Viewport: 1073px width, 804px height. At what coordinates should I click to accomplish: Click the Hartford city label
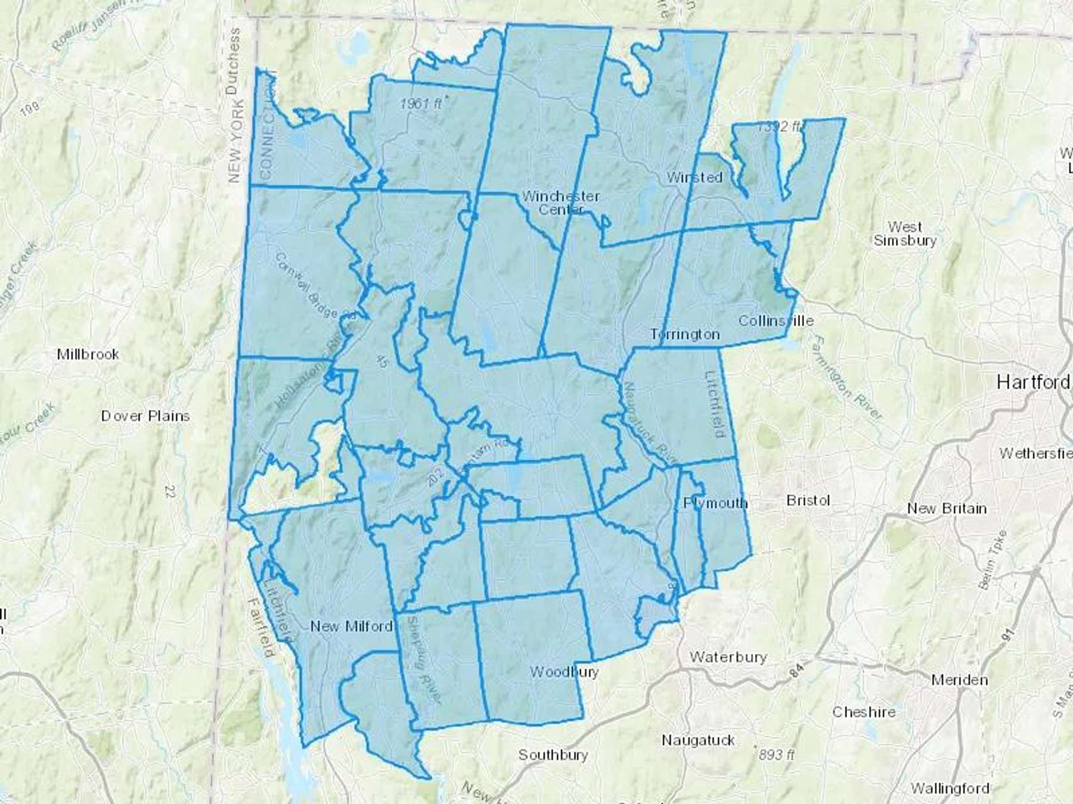point(1033,382)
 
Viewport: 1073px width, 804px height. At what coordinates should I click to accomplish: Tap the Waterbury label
point(728,657)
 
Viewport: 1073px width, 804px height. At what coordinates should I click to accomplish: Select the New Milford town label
point(351,626)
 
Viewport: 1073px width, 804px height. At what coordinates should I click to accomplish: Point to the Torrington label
point(685,334)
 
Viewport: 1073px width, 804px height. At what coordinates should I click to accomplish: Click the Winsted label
point(694,177)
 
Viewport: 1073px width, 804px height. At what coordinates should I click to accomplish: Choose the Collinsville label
point(776,320)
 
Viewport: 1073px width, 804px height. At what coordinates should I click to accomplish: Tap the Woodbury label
point(564,672)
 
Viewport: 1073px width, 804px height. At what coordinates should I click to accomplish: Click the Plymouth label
point(715,503)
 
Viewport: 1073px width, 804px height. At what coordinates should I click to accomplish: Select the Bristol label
point(808,500)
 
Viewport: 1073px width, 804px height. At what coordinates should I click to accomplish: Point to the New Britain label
point(947,509)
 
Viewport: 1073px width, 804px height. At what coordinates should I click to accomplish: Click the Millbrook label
point(88,354)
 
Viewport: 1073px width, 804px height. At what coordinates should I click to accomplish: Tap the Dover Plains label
point(145,416)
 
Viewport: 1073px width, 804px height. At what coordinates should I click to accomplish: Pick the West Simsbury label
point(905,233)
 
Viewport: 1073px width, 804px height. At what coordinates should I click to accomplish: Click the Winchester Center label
point(561,202)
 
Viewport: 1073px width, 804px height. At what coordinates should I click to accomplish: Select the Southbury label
point(553,755)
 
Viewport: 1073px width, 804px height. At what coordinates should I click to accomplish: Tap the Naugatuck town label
point(698,740)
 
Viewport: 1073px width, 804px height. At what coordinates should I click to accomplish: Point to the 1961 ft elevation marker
point(421,103)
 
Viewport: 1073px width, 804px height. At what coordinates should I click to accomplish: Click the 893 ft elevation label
point(776,755)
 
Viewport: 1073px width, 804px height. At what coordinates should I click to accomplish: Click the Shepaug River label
point(424,658)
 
